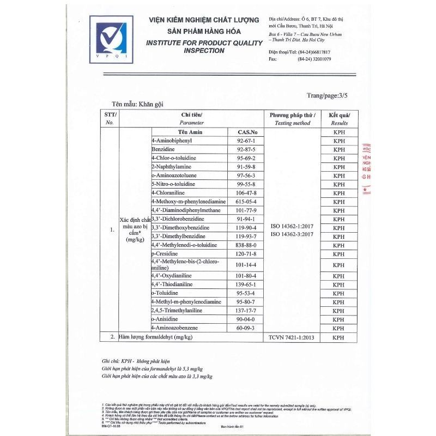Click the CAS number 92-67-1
click(243, 141)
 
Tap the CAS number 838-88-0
click(243, 245)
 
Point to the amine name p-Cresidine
click(168, 254)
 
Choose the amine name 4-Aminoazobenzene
click(177, 328)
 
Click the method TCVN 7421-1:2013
click(292, 337)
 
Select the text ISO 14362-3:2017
click(292, 234)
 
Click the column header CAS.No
click(243, 132)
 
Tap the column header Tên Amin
click(189, 132)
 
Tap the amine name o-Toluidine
click(166, 293)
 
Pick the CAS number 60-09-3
click(243, 328)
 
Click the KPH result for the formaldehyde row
click(339, 337)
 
